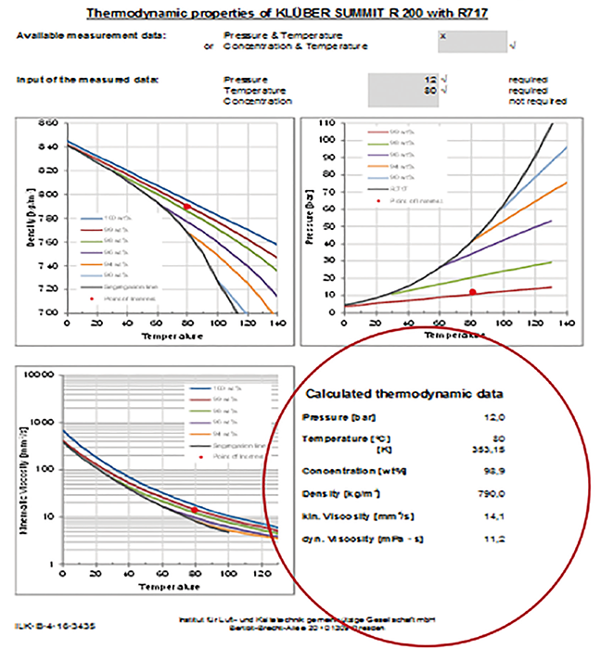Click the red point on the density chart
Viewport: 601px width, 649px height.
click(187, 207)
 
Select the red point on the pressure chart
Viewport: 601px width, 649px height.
click(473, 292)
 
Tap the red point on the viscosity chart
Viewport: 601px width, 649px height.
click(194, 509)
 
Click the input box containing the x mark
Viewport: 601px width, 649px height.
click(472, 40)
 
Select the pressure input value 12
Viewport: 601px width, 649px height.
click(429, 81)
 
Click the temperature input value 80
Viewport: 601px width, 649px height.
click(429, 91)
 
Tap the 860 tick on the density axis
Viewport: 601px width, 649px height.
click(48, 122)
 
